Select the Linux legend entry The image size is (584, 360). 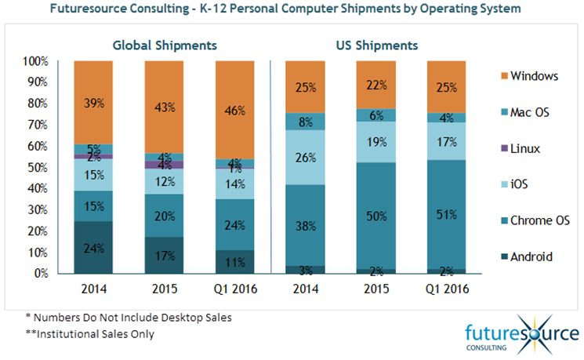[x=525, y=148]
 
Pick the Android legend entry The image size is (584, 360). [x=530, y=256]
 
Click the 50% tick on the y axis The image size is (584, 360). [x=39, y=167]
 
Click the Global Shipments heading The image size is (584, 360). [x=164, y=45]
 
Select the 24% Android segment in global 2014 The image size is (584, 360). [x=93, y=248]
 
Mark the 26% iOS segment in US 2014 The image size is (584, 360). [x=307, y=157]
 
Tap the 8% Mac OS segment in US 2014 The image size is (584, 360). [x=307, y=121]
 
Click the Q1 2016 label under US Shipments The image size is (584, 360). [x=446, y=289]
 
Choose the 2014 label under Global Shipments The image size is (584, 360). [x=93, y=289]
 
